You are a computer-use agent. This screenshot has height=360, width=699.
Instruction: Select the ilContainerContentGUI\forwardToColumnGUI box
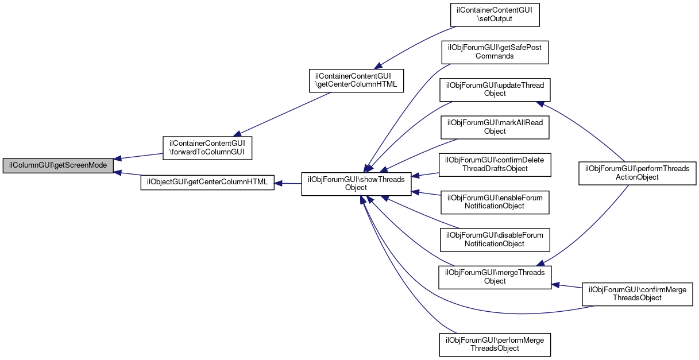tap(207, 148)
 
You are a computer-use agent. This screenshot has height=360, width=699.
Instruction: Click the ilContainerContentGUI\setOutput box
tap(495, 15)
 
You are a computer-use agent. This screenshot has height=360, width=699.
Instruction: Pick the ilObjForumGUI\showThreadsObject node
tap(356, 183)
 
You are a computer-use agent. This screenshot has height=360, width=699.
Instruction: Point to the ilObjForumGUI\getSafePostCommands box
tap(495, 52)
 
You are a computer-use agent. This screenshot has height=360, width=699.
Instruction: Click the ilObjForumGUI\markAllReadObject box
tap(495, 126)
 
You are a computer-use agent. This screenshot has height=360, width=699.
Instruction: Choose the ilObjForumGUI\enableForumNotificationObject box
tap(495, 201)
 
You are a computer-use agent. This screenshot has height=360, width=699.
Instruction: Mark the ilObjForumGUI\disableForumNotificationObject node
tap(495, 239)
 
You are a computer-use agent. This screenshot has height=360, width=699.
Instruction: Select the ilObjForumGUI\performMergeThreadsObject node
tap(495, 344)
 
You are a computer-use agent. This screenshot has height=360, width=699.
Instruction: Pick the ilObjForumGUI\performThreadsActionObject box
tap(637, 173)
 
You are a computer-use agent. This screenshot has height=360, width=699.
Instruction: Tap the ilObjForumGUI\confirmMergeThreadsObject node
tap(637, 293)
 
